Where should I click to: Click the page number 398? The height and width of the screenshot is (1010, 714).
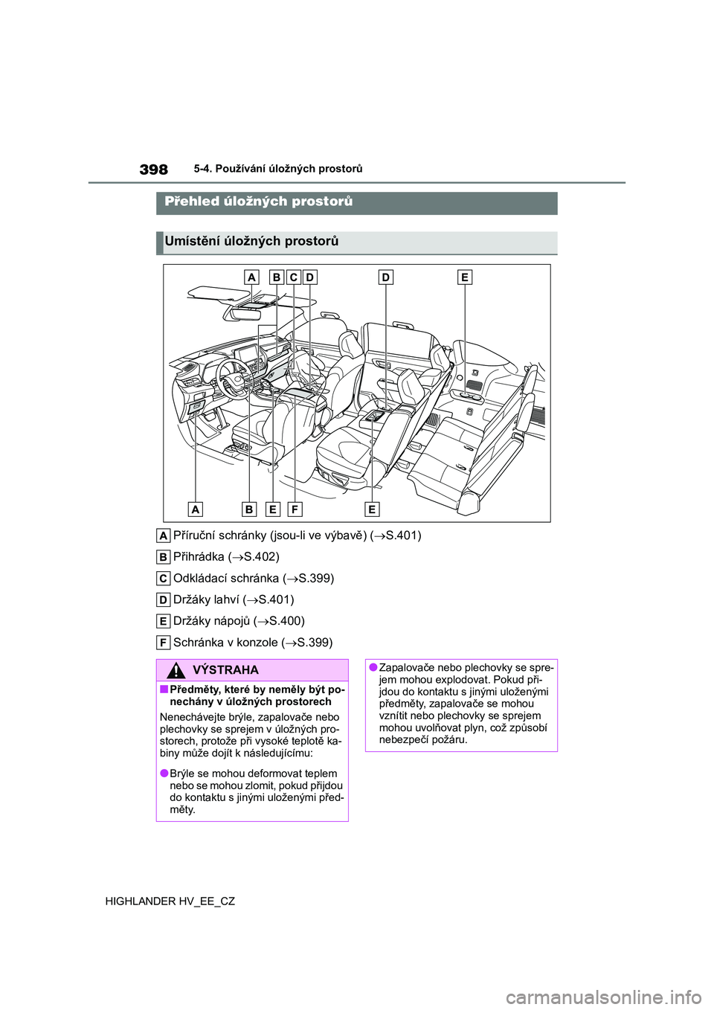154,170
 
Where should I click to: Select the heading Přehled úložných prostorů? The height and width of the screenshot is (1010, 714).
259,202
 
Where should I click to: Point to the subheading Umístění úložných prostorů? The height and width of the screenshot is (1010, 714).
251,241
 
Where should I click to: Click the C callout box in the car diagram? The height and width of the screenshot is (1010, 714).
293,277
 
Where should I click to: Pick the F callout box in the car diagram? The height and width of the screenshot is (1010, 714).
295,509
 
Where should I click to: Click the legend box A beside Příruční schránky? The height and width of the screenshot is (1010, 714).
163,535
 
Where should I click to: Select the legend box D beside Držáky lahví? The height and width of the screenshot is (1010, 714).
163,600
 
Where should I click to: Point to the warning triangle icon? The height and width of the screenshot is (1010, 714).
176,670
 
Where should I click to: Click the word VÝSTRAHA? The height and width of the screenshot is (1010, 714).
225,670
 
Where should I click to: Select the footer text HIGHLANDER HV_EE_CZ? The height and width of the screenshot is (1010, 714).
170,901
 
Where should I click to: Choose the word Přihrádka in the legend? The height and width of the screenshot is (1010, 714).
199,557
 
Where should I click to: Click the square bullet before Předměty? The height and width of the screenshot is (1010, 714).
164,690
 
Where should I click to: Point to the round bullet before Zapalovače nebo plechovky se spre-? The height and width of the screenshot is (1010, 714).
372,668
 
